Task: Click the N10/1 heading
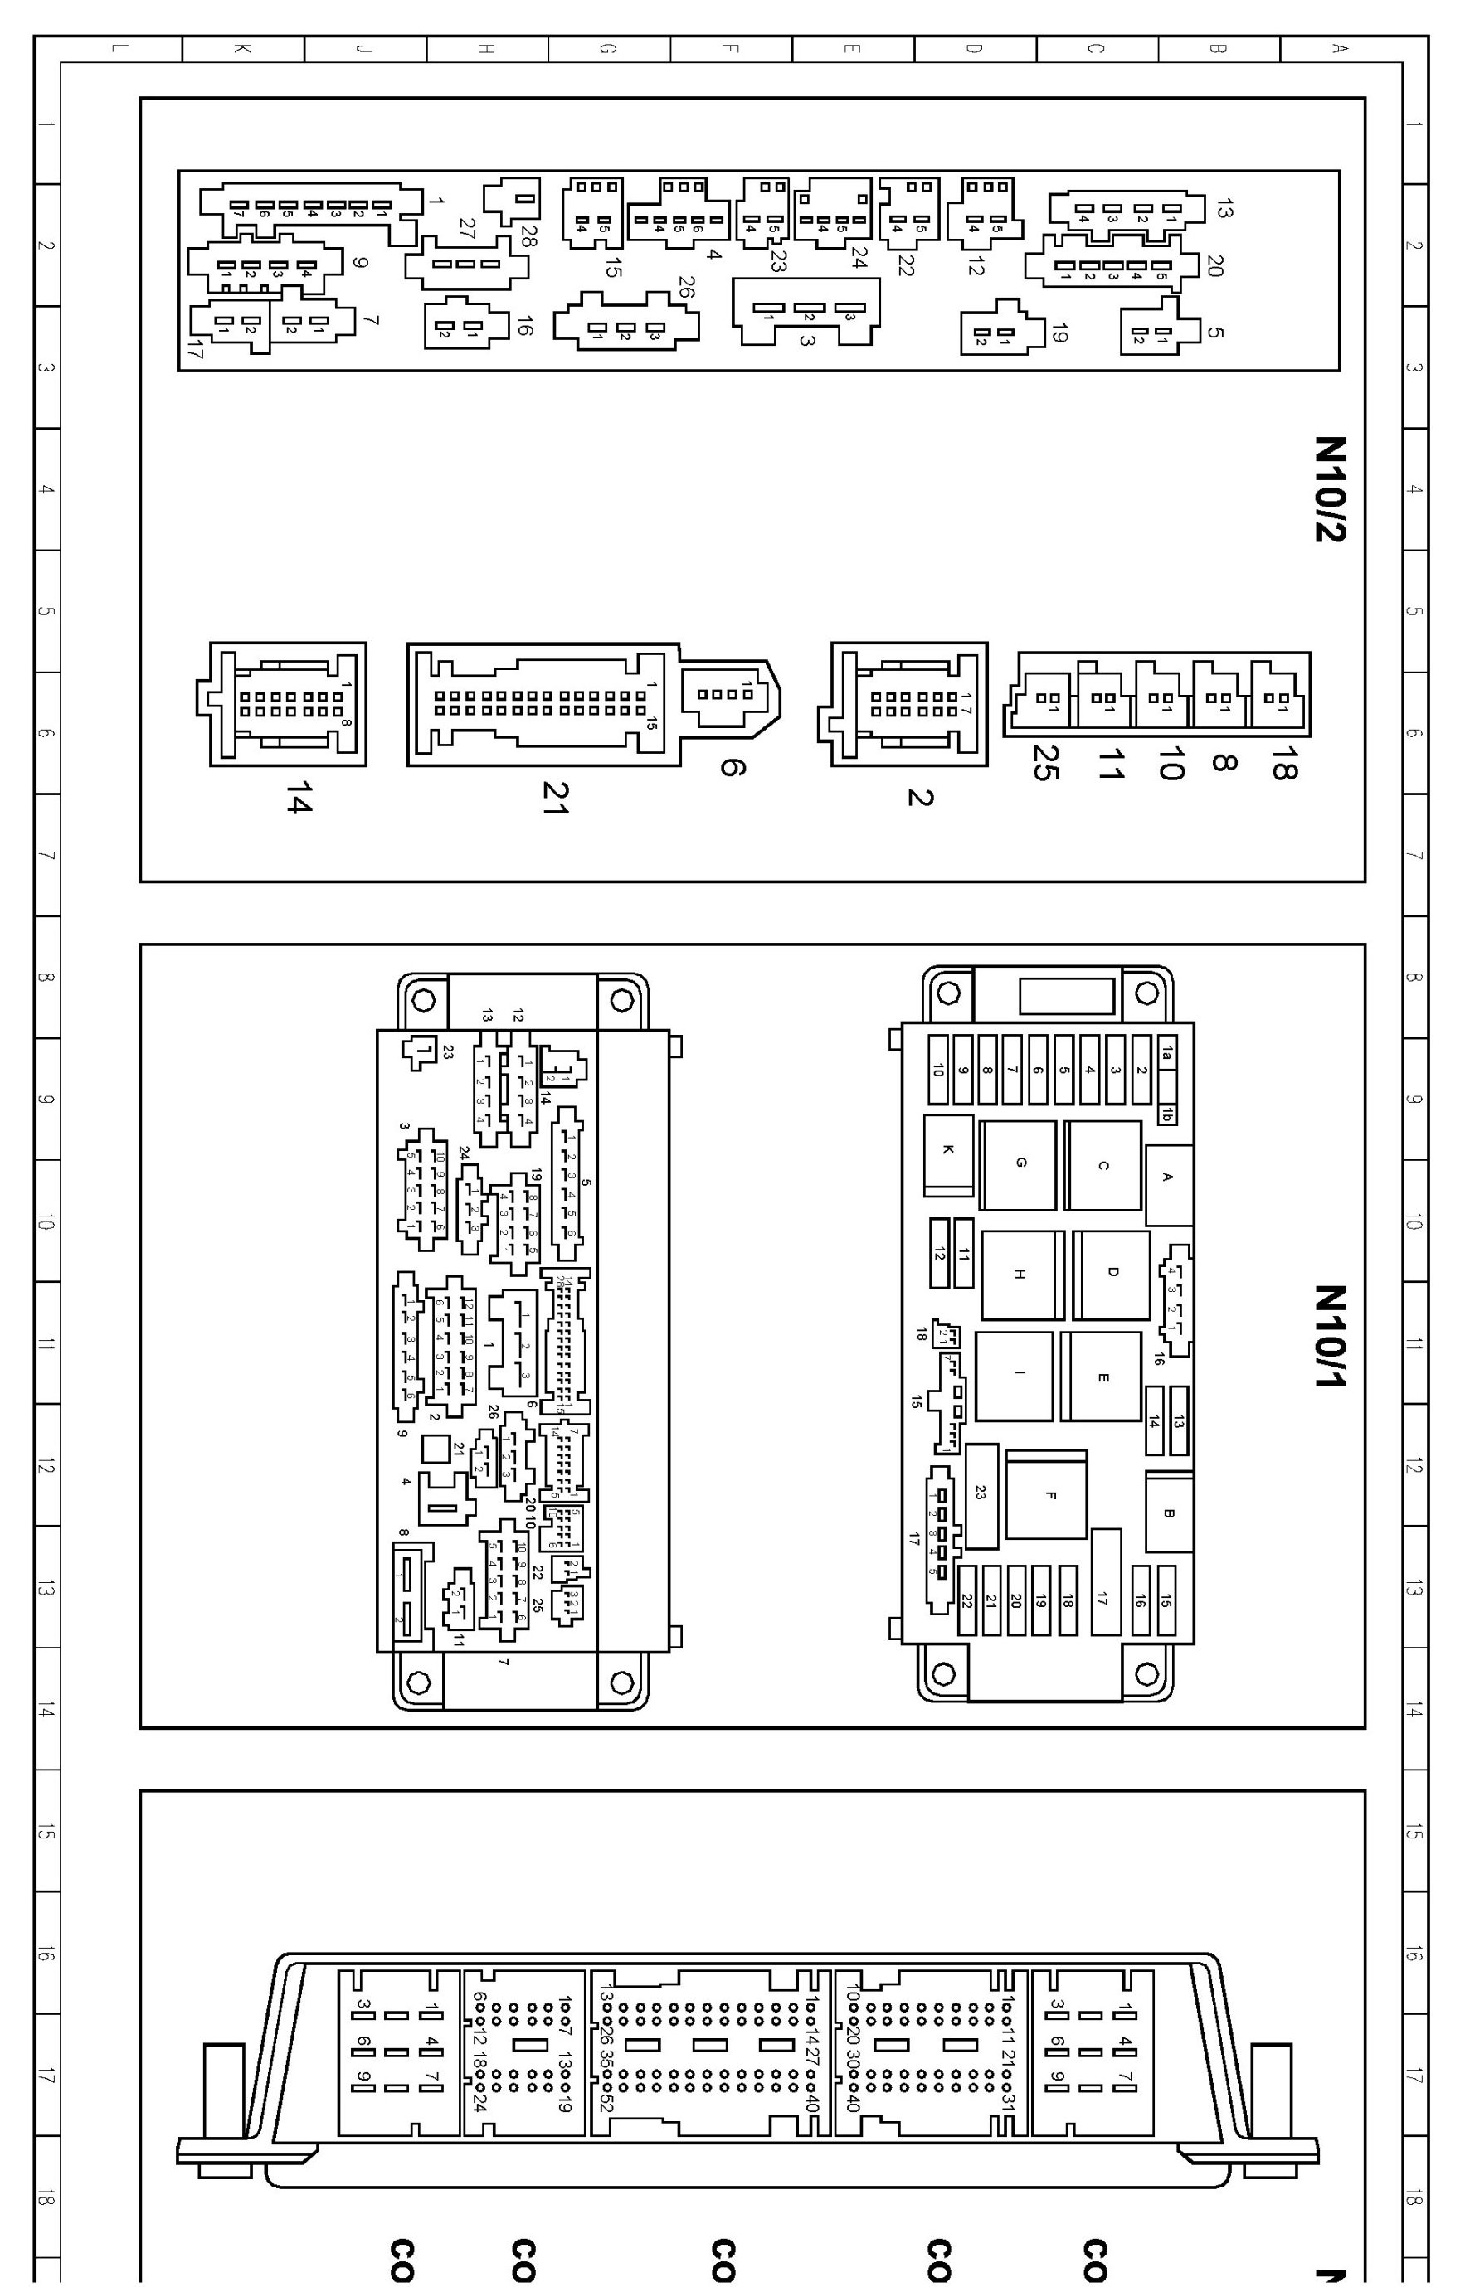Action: [1330, 1335]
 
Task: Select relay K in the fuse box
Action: [947, 1153]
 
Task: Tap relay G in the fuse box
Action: [1020, 1164]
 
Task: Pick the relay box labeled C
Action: [1102, 1165]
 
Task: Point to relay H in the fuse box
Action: [1019, 1275]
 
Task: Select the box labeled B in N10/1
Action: [1169, 1514]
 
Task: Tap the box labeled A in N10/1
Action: [1169, 1177]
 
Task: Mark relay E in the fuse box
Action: [1102, 1377]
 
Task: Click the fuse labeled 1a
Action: [1167, 1055]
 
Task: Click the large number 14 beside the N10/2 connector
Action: [298, 802]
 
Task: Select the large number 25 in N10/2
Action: [1044, 765]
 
